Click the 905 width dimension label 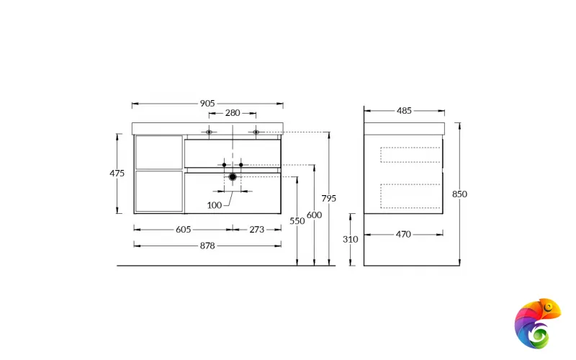(207, 104)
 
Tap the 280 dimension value (233, 113)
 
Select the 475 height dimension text (117, 173)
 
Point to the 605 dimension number (184, 230)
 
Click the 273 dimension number (257, 230)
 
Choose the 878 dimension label (207, 246)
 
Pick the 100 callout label (214, 205)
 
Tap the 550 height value (297, 221)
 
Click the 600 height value (314, 215)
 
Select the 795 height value (329, 199)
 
